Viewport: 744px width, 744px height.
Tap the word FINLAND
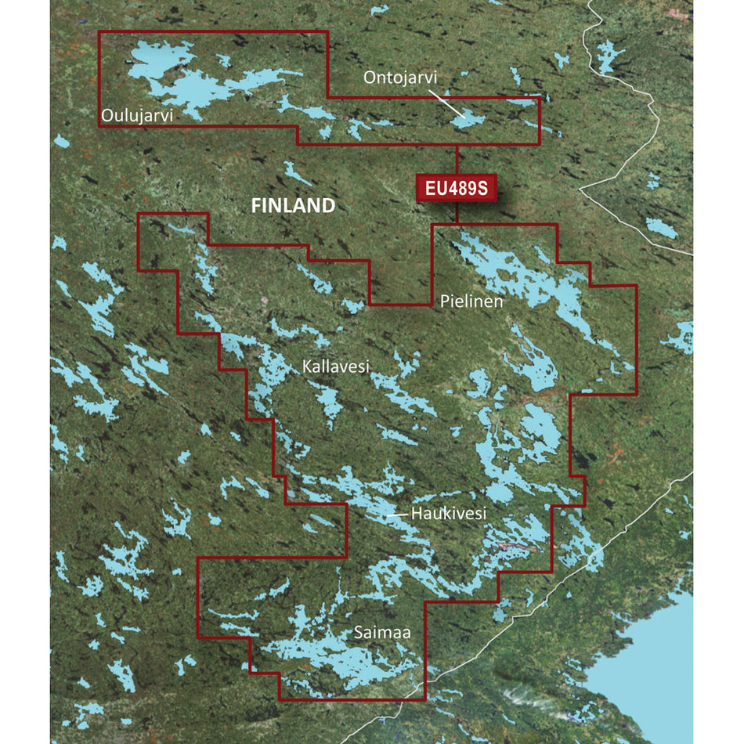[x=293, y=206]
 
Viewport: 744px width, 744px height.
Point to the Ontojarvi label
[x=399, y=78]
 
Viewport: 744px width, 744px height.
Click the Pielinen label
[x=471, y=300]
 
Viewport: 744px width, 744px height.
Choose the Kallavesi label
[x=337, y=366]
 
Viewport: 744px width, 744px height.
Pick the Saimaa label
[x=381, y=630]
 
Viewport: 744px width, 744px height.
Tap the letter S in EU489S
[x=484, y=188]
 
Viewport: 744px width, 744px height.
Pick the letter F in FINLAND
[x=255, y=206]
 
